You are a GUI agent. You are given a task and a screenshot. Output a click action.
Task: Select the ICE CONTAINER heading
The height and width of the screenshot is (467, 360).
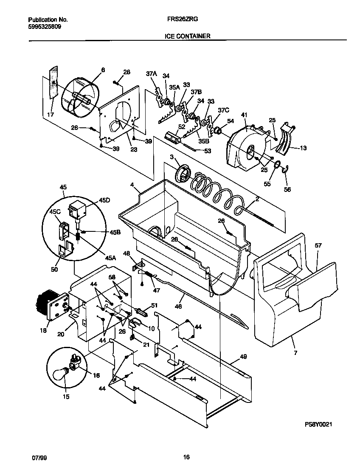coord(187,37)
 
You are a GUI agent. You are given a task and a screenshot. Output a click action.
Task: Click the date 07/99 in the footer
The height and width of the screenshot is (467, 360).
coord(39,457)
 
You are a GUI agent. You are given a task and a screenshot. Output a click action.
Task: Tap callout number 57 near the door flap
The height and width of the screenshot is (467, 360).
coord(318,245)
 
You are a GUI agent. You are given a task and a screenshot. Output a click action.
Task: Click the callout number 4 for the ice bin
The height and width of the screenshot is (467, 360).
coord(132,185)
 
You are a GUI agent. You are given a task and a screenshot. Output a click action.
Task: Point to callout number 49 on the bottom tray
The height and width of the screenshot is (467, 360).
coord(243,357)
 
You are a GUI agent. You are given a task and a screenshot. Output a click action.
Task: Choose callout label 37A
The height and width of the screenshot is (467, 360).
coord(152,74)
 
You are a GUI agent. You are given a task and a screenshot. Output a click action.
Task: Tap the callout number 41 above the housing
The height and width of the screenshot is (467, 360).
coord(244,115)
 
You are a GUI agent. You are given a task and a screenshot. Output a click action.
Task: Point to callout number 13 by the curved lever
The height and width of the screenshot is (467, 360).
coord(303,148)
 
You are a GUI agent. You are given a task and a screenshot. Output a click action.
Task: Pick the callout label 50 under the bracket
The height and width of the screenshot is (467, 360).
coord(55,269)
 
